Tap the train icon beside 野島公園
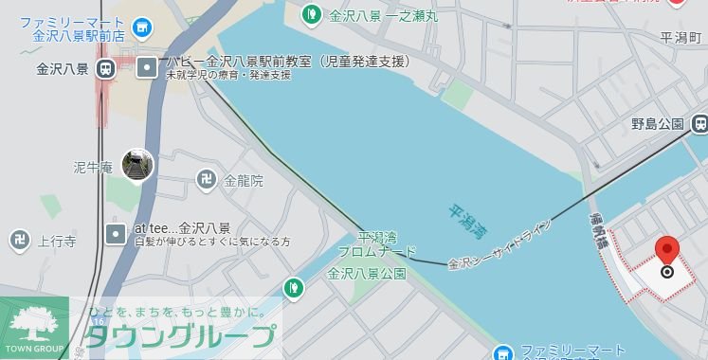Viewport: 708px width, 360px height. [x=699, y=123]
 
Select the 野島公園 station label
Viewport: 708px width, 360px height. [x=657, y=124]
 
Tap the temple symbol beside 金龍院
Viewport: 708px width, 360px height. [x=206, y=178]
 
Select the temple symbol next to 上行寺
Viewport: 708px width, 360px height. [x=20, y=241]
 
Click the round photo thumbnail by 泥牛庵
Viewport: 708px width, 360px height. [x=137, y=166]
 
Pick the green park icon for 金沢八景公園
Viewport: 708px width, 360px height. [x=295, y=286]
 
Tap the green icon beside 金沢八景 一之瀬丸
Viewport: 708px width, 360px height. [x=311, y=13]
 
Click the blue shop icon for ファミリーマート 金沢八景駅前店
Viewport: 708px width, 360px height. [x=143, y=28]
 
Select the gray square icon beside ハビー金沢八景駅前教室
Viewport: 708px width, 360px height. [x=147, y=67]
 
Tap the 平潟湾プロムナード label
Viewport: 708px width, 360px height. [x=375, y=244]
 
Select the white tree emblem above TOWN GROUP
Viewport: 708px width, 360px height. [x=32, y=323]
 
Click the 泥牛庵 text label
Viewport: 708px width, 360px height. [x=93, y=168]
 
